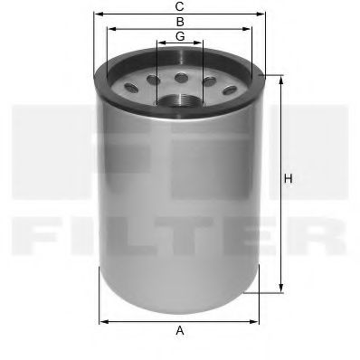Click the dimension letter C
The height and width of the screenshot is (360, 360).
(180, 6)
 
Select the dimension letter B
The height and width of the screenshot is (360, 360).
(180, 20)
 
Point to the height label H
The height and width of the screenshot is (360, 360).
(289, 180)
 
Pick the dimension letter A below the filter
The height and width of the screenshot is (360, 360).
(180, 330)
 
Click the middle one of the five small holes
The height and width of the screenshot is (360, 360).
(181, 76)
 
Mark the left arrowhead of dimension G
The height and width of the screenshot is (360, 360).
(158, 43)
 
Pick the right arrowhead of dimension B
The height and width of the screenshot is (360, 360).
(252, 28)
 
